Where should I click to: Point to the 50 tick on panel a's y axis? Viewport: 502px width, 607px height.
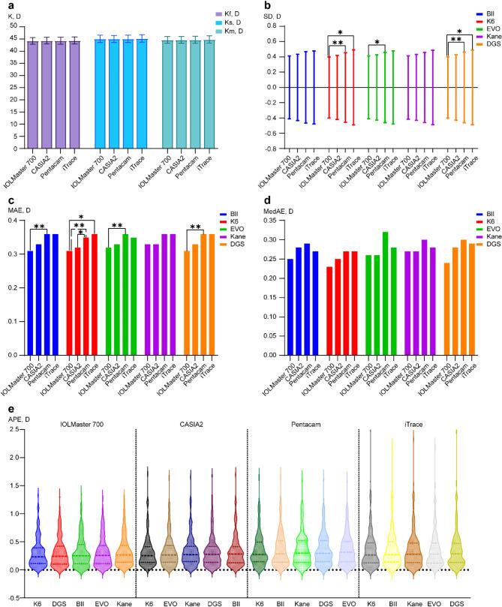click(x=11, y=17)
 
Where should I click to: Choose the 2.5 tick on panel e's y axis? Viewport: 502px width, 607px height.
click(x=15, y=431)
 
